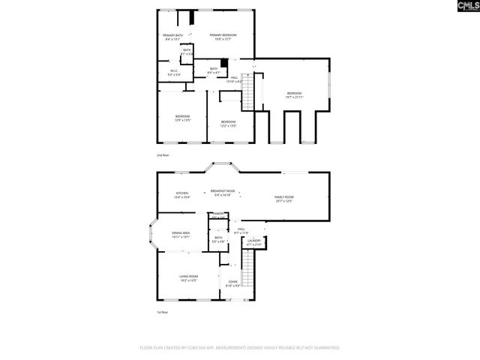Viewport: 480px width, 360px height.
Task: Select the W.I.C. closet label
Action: point(173,73)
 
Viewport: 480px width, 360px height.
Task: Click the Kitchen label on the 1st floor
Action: point(182,195)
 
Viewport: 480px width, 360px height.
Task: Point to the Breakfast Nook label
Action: point(223,193)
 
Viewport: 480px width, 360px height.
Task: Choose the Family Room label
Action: point(283,199)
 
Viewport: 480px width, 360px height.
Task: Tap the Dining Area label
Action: point(181,235)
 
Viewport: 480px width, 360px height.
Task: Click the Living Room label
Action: point(187,278)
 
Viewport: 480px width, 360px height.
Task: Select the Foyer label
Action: point(233,283)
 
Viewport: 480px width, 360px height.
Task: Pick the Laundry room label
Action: point(255,242)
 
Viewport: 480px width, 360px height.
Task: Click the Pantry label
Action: point(218,215)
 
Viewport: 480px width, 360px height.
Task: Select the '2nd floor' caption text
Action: point(163,155)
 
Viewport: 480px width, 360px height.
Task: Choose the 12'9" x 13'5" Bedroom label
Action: point(182,118)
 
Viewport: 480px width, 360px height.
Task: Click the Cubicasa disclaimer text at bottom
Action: point(240,348)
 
